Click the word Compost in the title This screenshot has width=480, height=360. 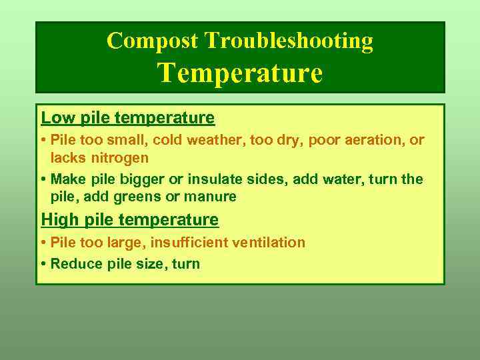click(x=153, y=41)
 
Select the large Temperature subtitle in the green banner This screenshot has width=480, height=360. click(x=240, y=72)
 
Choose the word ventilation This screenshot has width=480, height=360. click(x=265, y=243)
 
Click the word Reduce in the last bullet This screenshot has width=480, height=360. click(x=75, y=263)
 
